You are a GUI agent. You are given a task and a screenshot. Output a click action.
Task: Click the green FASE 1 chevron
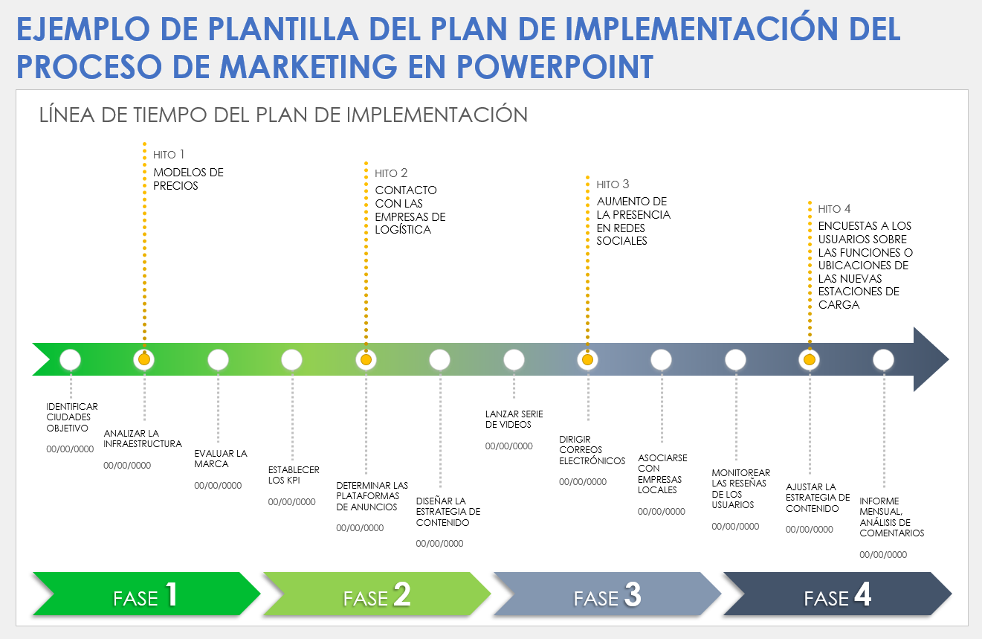coord(146,594)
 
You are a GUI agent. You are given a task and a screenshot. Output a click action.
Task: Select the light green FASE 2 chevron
coord(376,594)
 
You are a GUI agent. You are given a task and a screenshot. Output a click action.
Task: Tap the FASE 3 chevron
coord(607,594)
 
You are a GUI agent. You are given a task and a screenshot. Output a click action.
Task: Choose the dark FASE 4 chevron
coord(837,594)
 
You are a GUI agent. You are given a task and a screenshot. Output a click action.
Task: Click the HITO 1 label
coord(169,155)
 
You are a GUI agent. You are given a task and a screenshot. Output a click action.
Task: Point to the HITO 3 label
coord(613,184)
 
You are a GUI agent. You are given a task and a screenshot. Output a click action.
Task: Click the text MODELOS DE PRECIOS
coord(188,179)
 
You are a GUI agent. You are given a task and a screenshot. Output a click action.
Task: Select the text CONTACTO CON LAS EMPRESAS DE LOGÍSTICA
coord(410,210)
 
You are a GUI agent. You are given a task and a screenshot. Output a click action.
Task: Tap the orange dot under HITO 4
coord(809,360)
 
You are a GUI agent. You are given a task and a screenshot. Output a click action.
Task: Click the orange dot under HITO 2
coord(366,360)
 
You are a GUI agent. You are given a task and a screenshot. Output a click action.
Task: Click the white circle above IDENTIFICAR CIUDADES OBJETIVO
coord(70,360)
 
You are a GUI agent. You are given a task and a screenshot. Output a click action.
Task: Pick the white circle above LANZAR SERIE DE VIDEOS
coord(514,360)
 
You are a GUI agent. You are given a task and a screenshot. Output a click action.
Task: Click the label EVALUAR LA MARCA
coord(221,458)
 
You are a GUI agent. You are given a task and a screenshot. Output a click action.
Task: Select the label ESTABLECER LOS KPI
coord(294,475)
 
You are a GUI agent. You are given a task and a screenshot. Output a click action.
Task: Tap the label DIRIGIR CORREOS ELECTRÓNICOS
coord(592,450)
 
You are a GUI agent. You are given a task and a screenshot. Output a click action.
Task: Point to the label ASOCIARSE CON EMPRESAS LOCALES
coord(662,474)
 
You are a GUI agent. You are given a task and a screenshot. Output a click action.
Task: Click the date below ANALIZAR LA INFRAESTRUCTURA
coord(127,466)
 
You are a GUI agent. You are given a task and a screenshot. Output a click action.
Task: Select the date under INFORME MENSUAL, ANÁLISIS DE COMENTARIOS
coord(883,555)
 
